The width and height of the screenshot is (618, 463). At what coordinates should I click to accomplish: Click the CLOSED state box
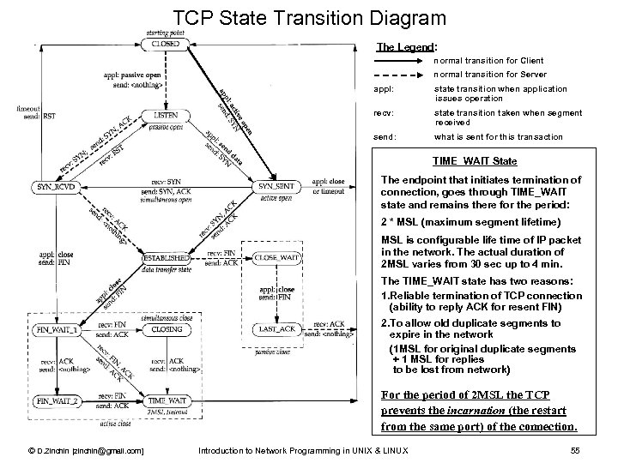pos(166,45)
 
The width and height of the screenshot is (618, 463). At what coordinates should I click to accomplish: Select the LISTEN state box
pos(166,114)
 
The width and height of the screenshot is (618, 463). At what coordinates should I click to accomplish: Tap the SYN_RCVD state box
pos(57,187)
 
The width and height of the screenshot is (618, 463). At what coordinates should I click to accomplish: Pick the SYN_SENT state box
pos(275,187)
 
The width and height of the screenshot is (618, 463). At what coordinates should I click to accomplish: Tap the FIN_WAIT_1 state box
pos(57,328)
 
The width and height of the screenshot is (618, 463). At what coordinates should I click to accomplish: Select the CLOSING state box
pos(166,328)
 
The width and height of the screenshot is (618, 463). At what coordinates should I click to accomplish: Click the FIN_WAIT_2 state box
pos(57,400)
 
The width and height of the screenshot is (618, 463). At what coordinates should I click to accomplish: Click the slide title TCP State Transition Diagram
pos(309,17)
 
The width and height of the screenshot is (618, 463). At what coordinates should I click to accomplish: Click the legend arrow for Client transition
pos(403,62)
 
